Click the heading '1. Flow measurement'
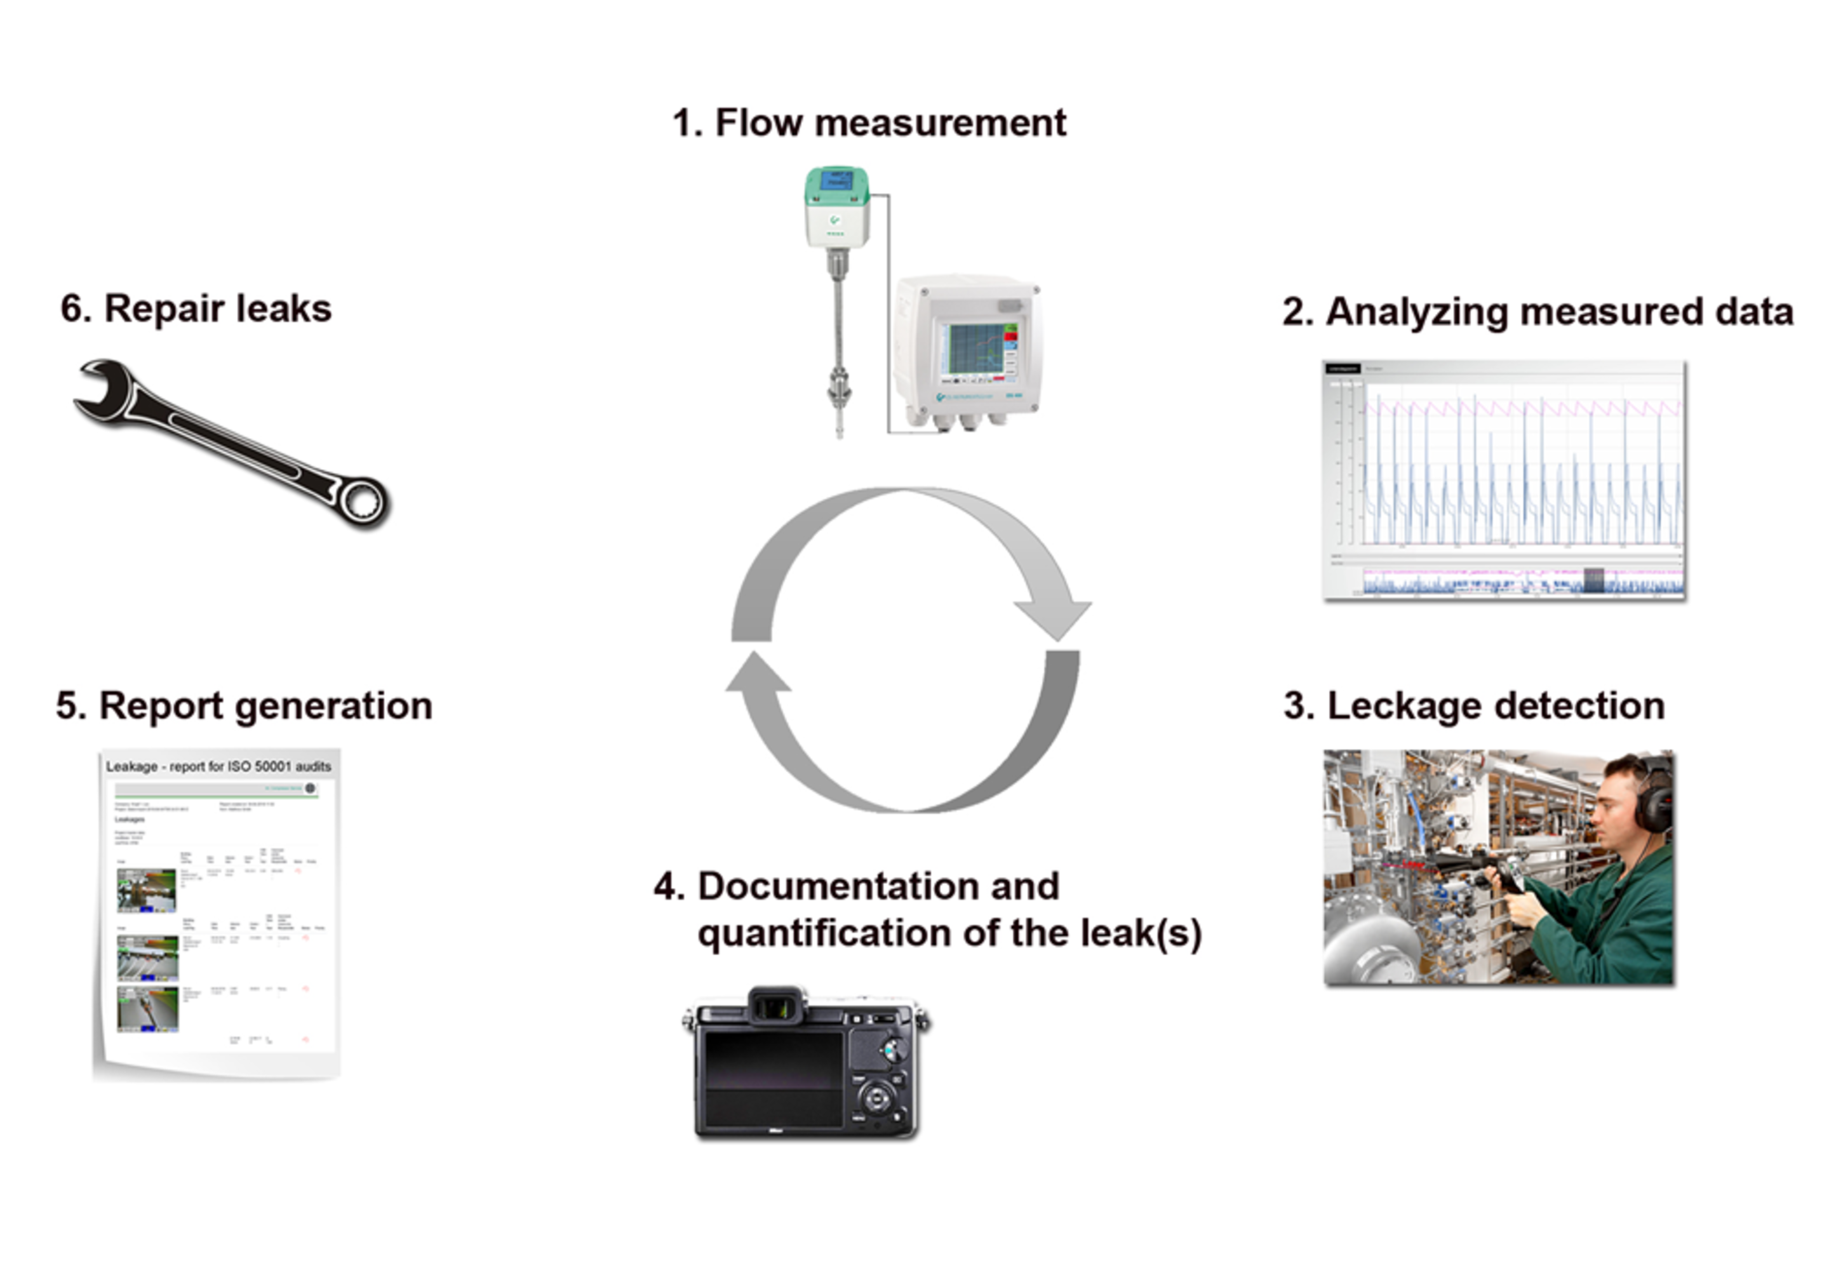868,123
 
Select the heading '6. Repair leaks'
196,309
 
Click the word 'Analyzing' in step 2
1416,312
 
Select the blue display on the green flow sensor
836,181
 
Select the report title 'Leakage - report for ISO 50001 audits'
218,766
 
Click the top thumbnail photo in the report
147,890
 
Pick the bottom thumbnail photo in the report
147,1008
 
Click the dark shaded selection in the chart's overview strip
1593,580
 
